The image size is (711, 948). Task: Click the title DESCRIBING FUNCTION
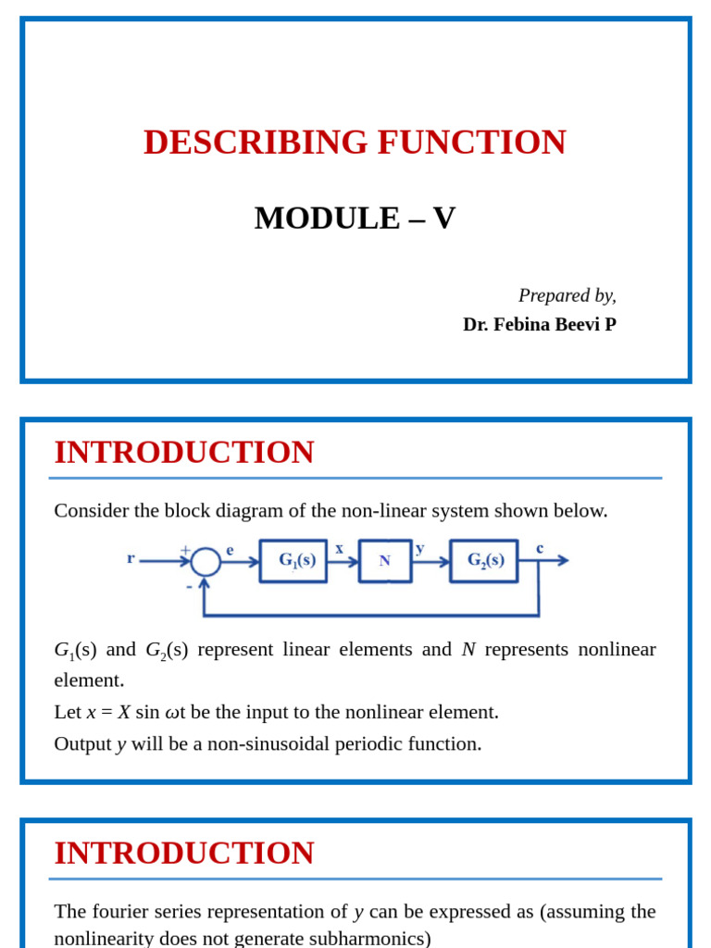click(355, 142)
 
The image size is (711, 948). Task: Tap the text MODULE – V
click(355, 218)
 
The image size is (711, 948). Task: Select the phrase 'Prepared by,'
click(567, 295)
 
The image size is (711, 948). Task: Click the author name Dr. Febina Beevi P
click(539, 325)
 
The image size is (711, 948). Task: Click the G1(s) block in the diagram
click(293, 561)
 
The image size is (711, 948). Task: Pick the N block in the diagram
click(385, 561)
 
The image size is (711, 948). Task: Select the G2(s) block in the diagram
click(483, 561)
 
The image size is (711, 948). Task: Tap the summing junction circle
click(206, 561)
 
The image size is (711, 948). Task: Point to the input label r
click(131, 557)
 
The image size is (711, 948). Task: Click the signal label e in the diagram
click(230, 550)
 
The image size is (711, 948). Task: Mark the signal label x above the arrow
click(339, 548)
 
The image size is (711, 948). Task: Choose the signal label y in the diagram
click(420, 548)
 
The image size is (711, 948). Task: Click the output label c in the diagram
click(540, 548)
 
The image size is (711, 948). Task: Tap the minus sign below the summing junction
click(189, 586)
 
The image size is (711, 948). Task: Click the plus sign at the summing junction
click(185, 550)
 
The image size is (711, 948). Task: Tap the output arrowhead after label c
click(562, 560)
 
